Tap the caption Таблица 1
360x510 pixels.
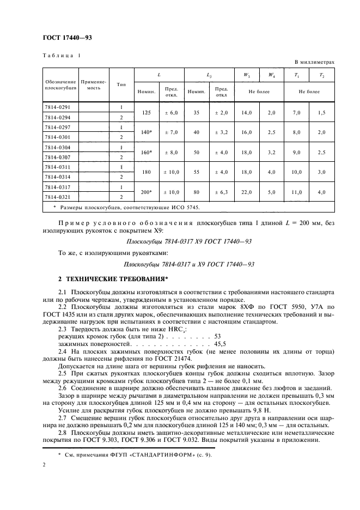[x=61, y=56]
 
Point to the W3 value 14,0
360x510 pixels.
[x=247, y=112]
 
